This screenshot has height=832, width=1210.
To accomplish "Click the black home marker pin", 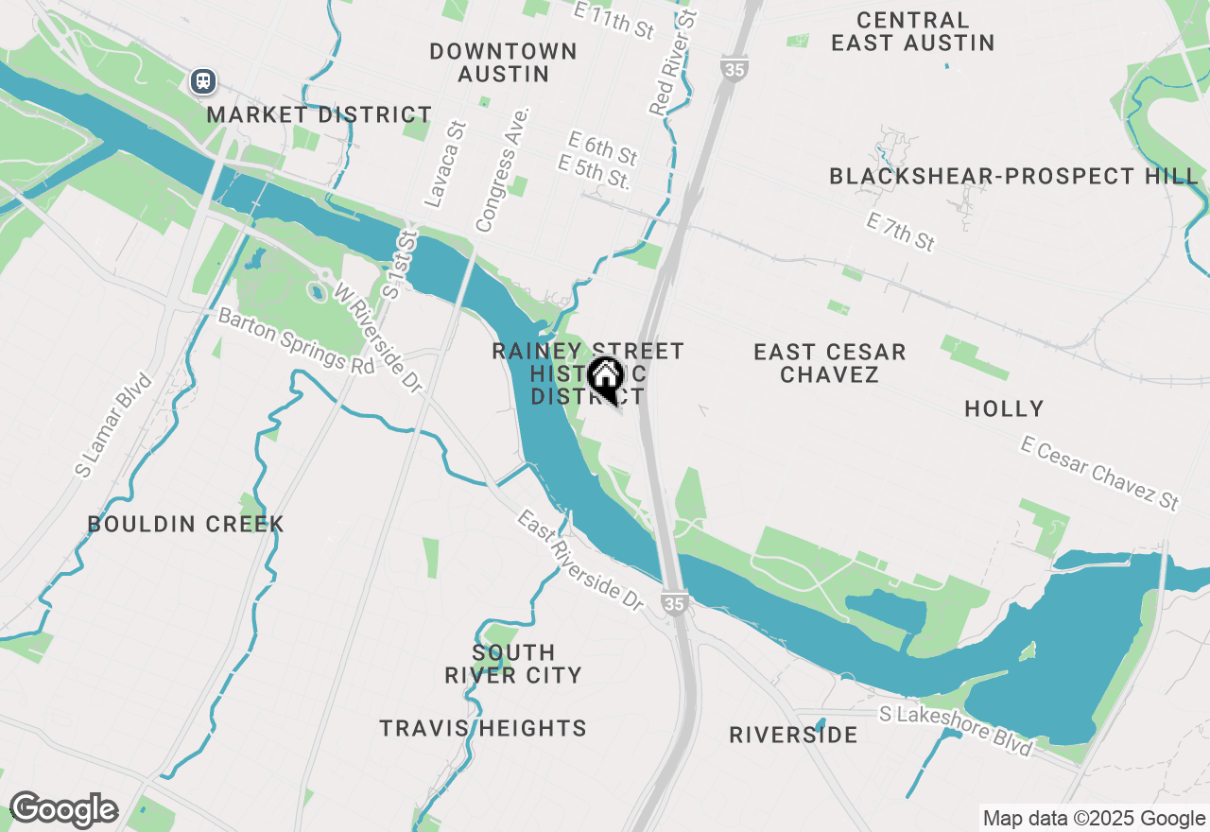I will tap(605, 379).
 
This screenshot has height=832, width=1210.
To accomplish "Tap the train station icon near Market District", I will tap(203, 81).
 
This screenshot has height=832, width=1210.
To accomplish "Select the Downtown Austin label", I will tap(503, 62).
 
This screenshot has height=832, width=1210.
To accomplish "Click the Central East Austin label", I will tap(912, 31).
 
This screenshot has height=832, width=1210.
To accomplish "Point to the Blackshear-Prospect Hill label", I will tap(1013, 176).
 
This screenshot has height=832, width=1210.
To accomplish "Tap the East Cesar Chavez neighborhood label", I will tap(830, 363).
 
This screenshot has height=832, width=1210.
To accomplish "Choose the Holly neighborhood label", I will tap(1004, 408).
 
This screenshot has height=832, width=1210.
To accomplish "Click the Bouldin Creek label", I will tap(185, 524).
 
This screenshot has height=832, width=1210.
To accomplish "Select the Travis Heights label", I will tap(483, 728).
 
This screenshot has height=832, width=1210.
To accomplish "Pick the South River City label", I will tap(513, 664).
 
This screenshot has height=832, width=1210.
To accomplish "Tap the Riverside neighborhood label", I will tap(793, 735).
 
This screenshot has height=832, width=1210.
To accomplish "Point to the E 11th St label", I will tap(614, 20).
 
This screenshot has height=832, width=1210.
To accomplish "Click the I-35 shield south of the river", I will tap(674, 602).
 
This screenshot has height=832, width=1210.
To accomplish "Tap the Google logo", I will tap(63, 809).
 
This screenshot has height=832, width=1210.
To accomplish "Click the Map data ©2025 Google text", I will tap(1094, 819).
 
